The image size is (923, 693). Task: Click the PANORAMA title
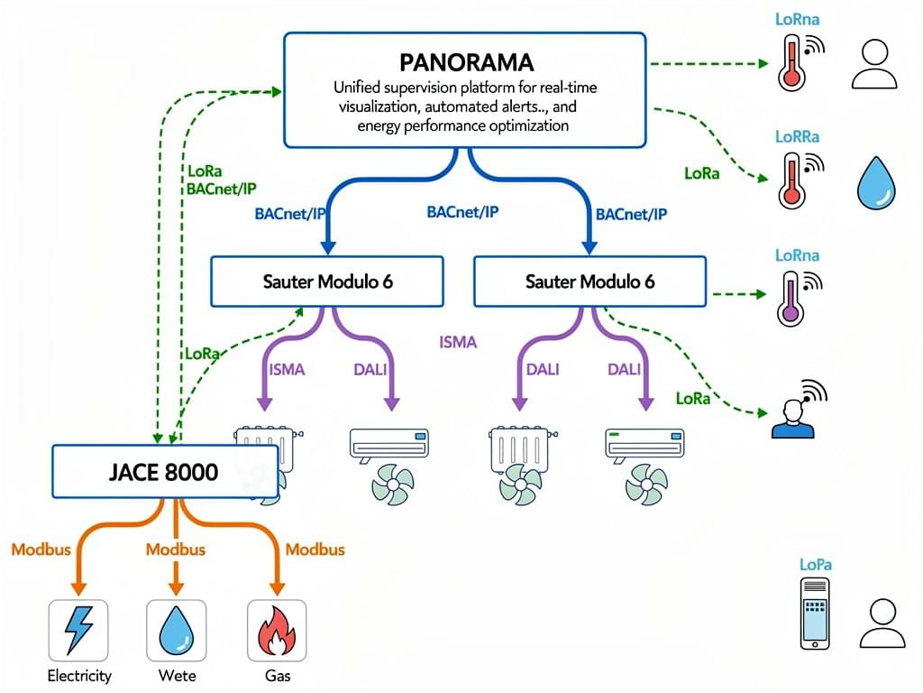point(465,62)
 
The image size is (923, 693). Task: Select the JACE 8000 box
point(151,471)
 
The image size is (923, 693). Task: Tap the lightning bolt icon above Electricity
point(78,630)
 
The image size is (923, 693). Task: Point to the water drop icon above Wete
point(177,630)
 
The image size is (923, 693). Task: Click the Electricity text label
point(79,675)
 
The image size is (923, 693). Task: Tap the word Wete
point(177,675)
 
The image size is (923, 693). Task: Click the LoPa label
point(816,564)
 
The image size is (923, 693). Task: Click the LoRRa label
point(798,137)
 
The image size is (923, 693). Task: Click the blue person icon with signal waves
point(794,416)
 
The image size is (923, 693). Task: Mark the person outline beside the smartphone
point(882,624)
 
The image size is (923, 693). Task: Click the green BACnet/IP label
point(222,189)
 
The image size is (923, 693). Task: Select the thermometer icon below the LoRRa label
point(790,180)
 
